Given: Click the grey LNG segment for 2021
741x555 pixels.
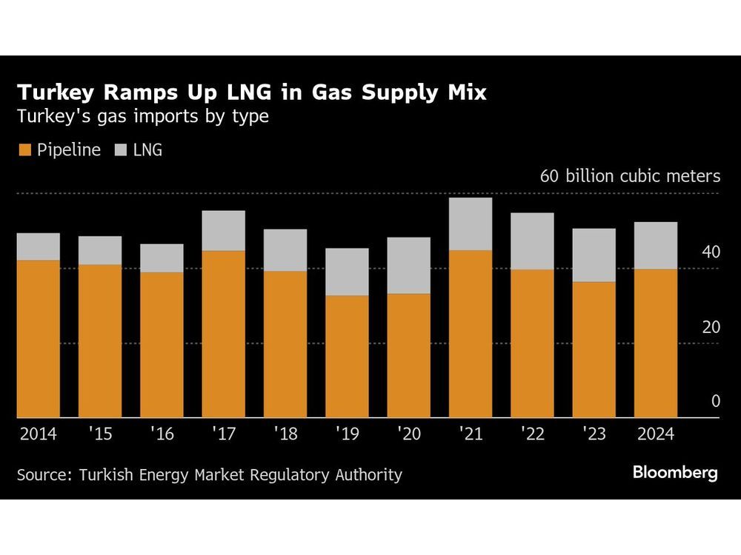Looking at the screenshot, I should pos(470,223).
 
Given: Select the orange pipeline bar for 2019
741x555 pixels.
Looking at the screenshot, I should pos(347,357).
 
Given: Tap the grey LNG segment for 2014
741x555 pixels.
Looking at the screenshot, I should pos(38,246).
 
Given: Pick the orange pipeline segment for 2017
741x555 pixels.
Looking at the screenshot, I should pos(223,334).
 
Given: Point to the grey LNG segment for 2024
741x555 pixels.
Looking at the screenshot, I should pos(655,245).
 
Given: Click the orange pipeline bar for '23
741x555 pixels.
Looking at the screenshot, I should pos(594,349).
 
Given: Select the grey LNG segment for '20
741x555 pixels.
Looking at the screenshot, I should pos(408,266).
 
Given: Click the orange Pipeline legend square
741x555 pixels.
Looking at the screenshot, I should pos(23,150).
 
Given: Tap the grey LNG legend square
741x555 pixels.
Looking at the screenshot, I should pos(121,150).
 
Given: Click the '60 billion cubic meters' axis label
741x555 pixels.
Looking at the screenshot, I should pos(630,176).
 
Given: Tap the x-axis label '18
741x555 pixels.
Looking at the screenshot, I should pos(285,434).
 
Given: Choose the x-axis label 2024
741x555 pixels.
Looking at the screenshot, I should pos(655,434).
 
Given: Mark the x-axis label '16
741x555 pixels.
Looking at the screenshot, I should pos(162,434).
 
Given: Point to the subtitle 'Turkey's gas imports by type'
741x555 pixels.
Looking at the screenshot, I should pos(142,116).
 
